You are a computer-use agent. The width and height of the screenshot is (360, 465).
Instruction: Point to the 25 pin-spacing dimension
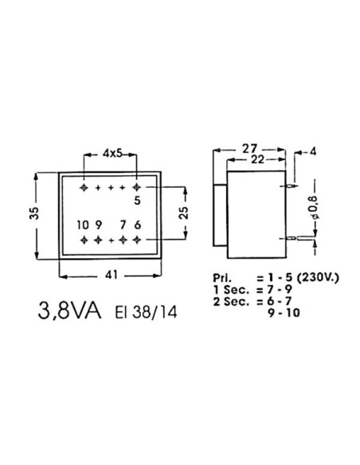(x=184, y=213)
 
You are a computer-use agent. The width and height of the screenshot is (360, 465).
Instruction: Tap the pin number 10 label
(x=83, y=225)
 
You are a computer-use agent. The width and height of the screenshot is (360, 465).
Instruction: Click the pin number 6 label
(x=137, y=225)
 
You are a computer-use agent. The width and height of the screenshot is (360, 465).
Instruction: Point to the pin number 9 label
(x=98, y=225)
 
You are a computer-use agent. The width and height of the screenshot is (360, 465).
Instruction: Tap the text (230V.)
(x=312, y=277)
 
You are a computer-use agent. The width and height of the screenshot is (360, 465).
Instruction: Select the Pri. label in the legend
(x=222, y=277)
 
